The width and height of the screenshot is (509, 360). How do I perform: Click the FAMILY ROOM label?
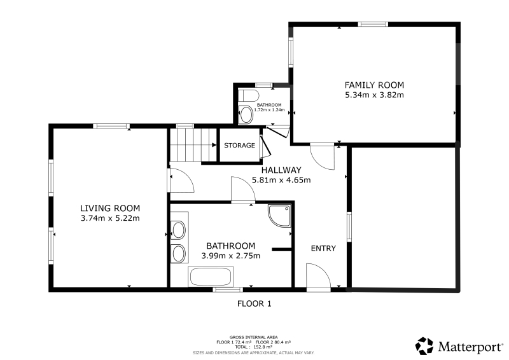coord(374,85)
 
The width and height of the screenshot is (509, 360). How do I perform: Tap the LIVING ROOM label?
coord(110,208)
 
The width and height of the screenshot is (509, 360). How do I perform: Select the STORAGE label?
coord(240,145)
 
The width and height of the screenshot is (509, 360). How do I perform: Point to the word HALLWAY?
coord(281,170)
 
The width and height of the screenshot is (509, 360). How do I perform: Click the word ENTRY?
coord(323,248)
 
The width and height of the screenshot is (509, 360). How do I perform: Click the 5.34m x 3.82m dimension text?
coord(374,95)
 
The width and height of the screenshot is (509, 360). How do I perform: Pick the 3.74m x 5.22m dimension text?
coord(110,218)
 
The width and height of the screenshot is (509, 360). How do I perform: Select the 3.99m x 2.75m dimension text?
coord(230,256)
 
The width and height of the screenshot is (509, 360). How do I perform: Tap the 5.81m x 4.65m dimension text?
coord(281,179)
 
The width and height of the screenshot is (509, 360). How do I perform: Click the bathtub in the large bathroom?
coord(211,277)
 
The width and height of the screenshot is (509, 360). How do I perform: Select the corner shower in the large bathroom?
coord(279,216)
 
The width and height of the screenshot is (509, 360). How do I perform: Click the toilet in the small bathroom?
coord(248,96)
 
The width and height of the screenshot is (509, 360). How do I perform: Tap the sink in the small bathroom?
coord(246,114)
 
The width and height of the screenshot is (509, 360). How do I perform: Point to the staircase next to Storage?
coord(193,144)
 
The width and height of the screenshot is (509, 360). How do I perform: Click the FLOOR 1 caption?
coord(254,303)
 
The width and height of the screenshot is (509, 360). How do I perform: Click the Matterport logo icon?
coord(424,346)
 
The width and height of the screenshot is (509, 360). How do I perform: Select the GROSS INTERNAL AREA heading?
coord(253,337)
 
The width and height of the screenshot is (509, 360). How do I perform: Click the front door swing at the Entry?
coord(319,275)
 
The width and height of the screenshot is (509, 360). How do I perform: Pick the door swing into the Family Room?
coord(323,157)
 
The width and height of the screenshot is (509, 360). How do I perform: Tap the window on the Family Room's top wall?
coord(373,24)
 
